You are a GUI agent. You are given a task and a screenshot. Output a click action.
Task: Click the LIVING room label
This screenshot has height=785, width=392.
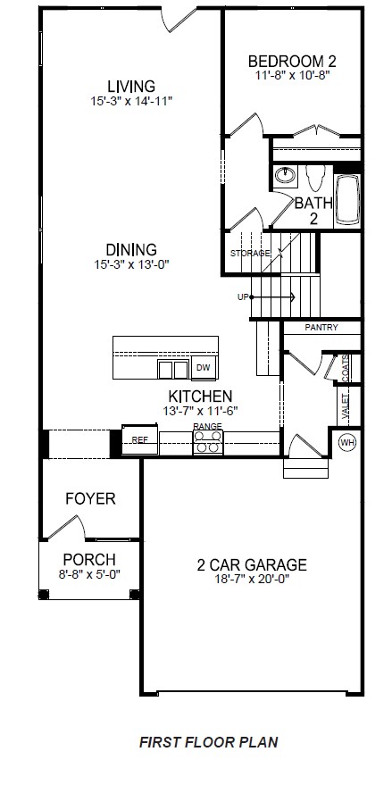(x=131, y=86)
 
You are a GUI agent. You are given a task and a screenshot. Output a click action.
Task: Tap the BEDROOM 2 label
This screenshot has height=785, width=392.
(x=292, y=61)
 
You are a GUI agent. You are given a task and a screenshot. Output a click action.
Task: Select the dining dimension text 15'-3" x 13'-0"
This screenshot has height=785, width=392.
(x=131, y=264)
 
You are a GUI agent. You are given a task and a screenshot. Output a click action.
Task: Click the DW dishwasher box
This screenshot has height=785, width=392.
(x=203, y=368)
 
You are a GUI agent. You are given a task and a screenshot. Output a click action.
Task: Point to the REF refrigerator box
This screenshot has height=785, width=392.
(x=140, y=439)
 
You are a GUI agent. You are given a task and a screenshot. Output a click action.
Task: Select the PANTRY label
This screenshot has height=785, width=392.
(x=321, y=328)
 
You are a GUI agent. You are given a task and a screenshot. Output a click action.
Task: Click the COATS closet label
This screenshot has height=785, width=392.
(x=346, y=368)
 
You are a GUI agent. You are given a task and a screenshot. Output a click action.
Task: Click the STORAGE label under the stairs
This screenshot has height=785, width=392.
(x=249, y=254)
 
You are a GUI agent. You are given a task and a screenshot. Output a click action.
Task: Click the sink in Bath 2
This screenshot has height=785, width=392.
(x=285, y=174)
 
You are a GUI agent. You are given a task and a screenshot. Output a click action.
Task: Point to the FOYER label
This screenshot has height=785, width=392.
(x=90, y=498)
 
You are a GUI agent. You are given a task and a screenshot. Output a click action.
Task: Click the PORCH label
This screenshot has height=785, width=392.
(x=90, y=561)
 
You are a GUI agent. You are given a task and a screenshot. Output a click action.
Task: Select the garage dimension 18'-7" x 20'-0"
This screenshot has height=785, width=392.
(x=252, y=580)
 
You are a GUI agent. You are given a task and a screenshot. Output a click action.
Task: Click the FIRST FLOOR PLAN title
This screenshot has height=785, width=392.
(x=208, y=740)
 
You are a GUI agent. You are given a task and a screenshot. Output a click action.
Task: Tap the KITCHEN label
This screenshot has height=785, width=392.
(x=201, y=396)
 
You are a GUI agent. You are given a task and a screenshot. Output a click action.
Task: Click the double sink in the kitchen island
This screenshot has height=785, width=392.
(x=173, y=369)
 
